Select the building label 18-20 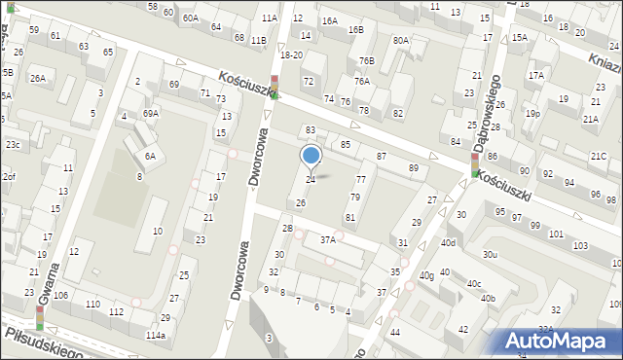pyautogui.click(x=291, y=55)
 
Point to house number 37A pyautogui.click(x=328, y=239)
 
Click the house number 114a pyautogui.click(x=156, y=335)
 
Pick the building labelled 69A pyautogui.click(x=150, y=113)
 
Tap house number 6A pyautogui.click(x=150, y=156)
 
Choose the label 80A pyautogui.click(x=400, y=40)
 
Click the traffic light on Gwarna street pyautogui.click(x=40, y=318)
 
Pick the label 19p pyautogui.click(x=531, y=113)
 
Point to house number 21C pyautogui.click(x=599, y=156)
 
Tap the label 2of pyautogui.click(x=9, y=176)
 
